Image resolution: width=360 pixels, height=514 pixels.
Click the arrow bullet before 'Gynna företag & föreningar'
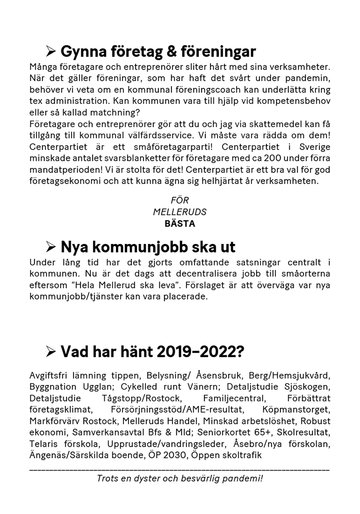(x=51, y=51)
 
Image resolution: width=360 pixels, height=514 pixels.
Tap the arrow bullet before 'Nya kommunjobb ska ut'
(x=51, y=246)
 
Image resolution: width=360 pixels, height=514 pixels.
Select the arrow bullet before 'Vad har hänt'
(x=51, y=351)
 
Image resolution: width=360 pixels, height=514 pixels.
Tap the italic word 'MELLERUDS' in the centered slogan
(x=180, y=212)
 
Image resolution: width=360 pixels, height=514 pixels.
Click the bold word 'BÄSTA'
(x=180, y=223)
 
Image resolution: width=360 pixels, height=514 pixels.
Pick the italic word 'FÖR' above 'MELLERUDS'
(x=180, y=200)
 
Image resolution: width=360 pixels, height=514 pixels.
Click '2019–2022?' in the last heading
(x=200, y=351)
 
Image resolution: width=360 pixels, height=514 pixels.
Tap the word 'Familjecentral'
(x=234, y=398)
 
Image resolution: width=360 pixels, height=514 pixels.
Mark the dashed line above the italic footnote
(x=180, y=468)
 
